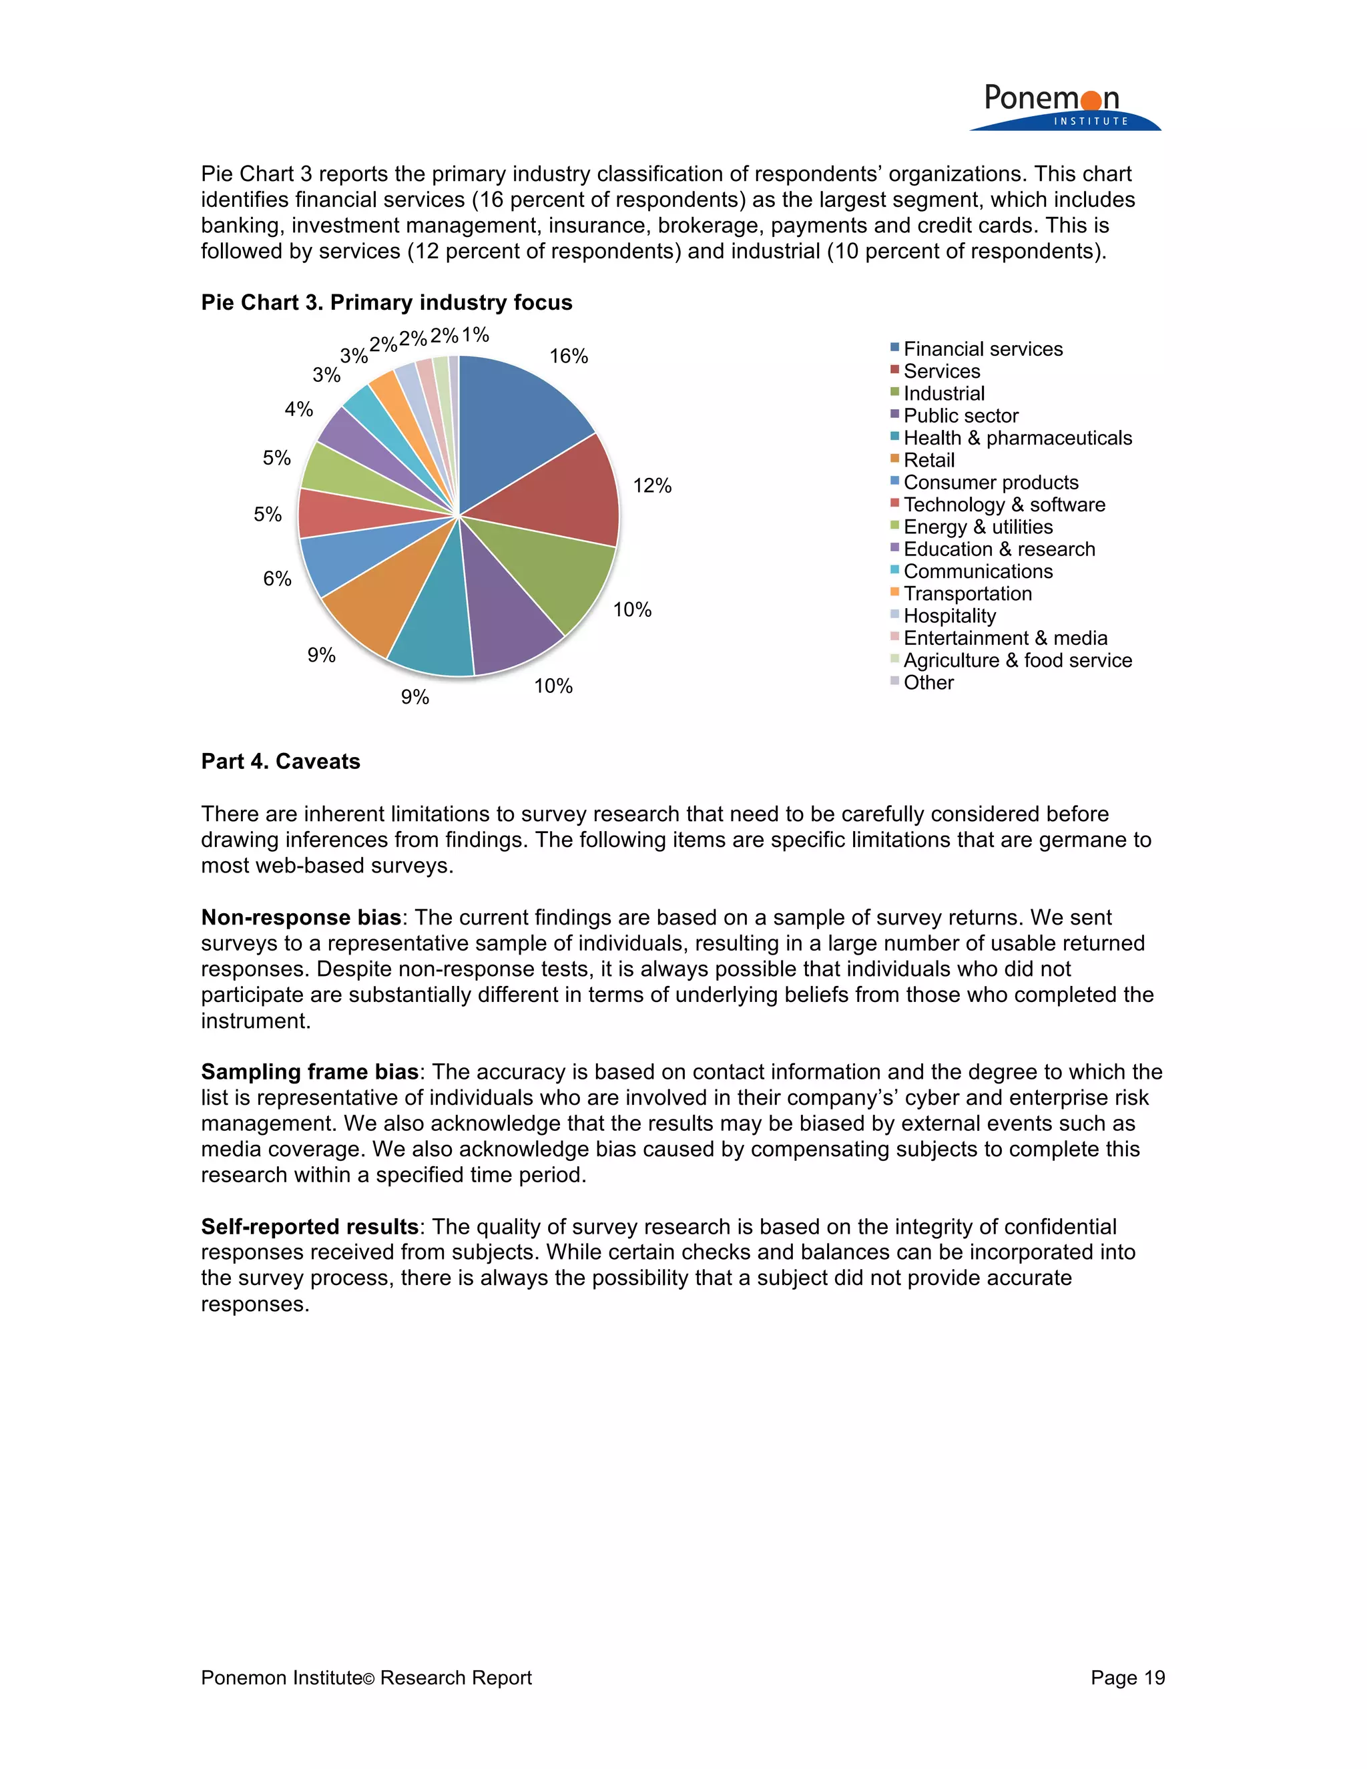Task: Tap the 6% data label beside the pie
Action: pyautogui.click(x=277, y=578)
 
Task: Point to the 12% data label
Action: pyautogui.click(x=652, y=485)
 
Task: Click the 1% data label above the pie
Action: pyautogui.click(x=475, y=334)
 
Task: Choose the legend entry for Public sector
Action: pyautogui.click(x=961, y=415)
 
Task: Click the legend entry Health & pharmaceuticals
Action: pyautogui.click(x=1017, y=438)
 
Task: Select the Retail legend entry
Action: pyautogui.click(x=929, y=460)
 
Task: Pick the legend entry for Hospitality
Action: pyautogui.click(x=949, y=616)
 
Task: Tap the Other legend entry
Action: pyautogui.click(x=928, y=683)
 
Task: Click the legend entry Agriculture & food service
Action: pyautogui.click(x=1017, y=660)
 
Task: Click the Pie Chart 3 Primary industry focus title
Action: pyautogui.click(x=386, y=302)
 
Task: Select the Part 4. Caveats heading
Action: pyautogui.click(x=280, y=762)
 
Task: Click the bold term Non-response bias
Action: pyautogui.click(x=300, y=917)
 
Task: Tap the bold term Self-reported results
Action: pyautogui.click(x=309, y=1226)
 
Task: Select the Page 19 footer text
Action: pyautogui.click(x=1127, y=1678)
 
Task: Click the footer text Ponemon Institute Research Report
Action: pyautogui.click(x=366, y=1678)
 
